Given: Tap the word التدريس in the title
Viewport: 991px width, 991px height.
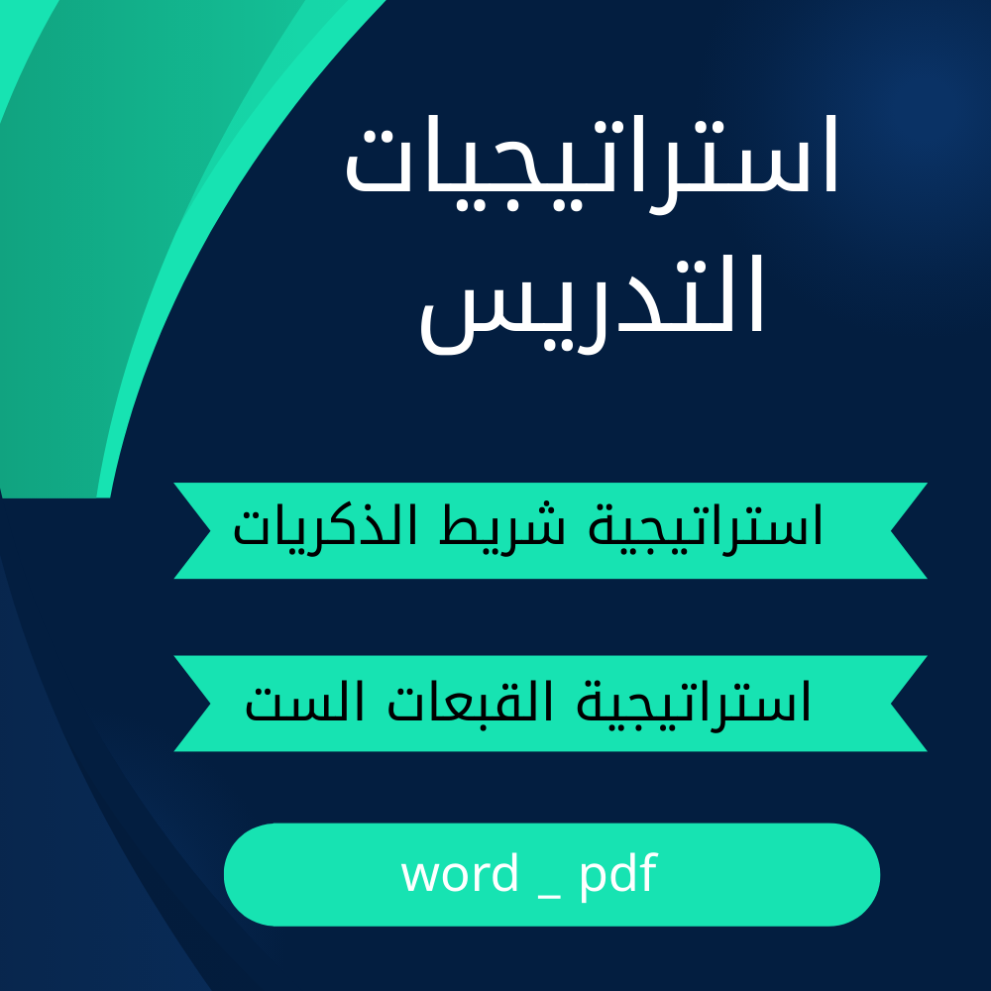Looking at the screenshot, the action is (593, 304).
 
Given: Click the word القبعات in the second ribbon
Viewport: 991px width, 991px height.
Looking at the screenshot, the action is (470, 702).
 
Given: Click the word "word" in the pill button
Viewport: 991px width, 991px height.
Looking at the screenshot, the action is (460, 873).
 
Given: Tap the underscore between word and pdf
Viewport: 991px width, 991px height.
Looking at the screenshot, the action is (549, 897).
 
